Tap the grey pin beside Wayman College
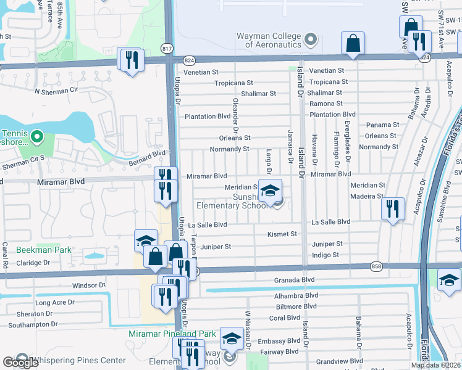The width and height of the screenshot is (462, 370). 311,41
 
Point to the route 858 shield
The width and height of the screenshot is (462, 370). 376,266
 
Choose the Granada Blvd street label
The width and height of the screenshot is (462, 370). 295,279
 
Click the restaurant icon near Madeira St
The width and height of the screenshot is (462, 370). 393,209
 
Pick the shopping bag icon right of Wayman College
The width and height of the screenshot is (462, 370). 353,44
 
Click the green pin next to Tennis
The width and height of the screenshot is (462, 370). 36,135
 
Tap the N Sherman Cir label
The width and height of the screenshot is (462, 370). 58,91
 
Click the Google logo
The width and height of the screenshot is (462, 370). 20,363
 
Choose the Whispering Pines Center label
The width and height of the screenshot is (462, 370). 78,360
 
